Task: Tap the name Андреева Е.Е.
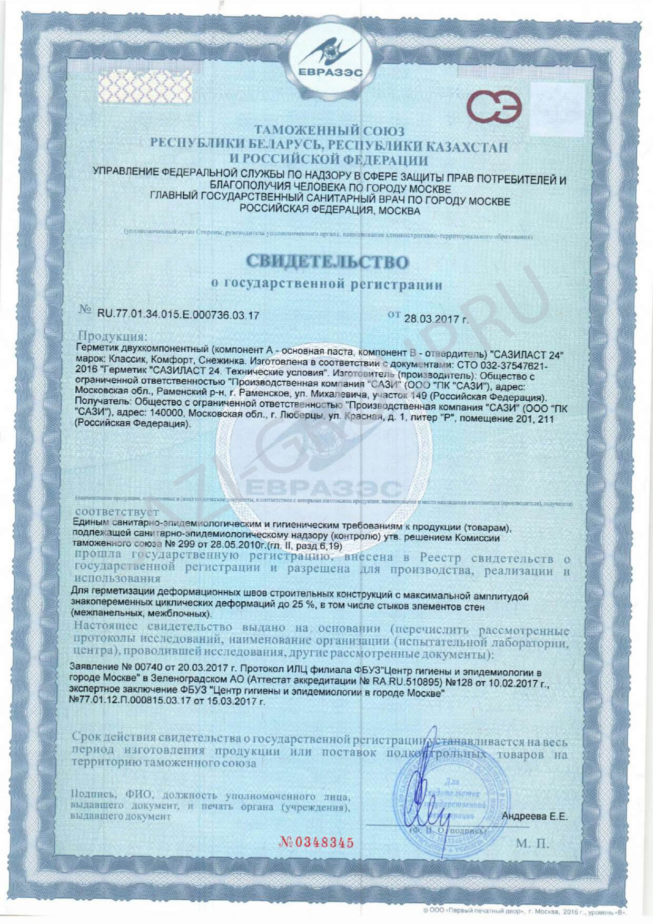(x=535, y=817)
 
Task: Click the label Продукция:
(x=114, y=336)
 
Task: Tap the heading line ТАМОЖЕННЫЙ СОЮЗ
(x=330, y=131)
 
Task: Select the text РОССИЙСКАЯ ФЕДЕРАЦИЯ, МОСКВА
(x=330, y=211)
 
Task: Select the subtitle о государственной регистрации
(x=326, y=285)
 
